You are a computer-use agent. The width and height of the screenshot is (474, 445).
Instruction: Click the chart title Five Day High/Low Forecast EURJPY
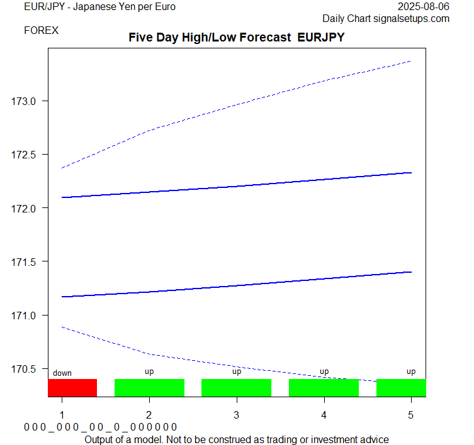pyautogui.click(x=237, y=38)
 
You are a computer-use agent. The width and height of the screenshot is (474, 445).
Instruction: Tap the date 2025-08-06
pyautogui.click(x=424, y=7)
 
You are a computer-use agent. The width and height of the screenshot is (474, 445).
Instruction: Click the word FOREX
pyautogui.click(x=41, y=30)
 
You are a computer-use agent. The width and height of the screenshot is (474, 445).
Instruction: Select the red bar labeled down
pyautogui.click(x=72, y=388)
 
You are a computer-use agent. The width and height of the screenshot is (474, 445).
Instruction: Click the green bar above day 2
pyautogui.click(x=149, y=388)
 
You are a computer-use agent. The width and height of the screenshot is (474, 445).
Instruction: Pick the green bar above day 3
pyautogui.click(x=236, y=388)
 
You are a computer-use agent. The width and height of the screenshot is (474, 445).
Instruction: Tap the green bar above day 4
pyautogui.click(x=324, y=388)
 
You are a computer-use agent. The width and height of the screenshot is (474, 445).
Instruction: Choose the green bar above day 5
pyautogui.click(x=401, y=388)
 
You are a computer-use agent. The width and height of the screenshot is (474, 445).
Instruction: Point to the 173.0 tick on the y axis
pyautogui.click(x=25, y=101)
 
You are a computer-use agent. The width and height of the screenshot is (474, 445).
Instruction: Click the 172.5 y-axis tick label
pyautogui.click(x=25, y=155)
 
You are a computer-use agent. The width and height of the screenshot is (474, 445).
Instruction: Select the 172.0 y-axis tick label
pyautogui.click(x=25, y=208)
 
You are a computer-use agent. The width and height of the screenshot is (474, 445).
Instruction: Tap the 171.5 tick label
pyautogui.click(x=25, y=261)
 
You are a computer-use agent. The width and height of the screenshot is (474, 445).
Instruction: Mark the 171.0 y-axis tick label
pyautogui.click(x=25, y=315)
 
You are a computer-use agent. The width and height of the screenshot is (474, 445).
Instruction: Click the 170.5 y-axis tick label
pyautogui.click(x=25, y=368)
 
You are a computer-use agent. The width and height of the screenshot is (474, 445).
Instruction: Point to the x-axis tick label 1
pyautogui.click(x=62, y=415)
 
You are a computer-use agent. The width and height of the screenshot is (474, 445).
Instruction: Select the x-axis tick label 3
pyautogui.click(x=236, y=415)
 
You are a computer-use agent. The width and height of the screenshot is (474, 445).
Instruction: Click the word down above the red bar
pyautogui.click(x=62, y=373)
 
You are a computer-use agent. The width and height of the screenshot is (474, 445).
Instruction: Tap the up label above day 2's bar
pyautogui.click(x=149, y=371)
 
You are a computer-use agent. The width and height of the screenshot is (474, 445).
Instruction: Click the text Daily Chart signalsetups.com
pyautogui.click(x=386, y=18)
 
